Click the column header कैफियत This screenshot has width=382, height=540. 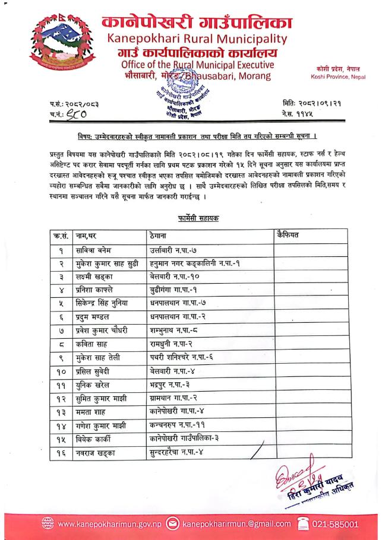click(288, 236)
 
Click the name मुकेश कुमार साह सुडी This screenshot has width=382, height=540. click(108, 263)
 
